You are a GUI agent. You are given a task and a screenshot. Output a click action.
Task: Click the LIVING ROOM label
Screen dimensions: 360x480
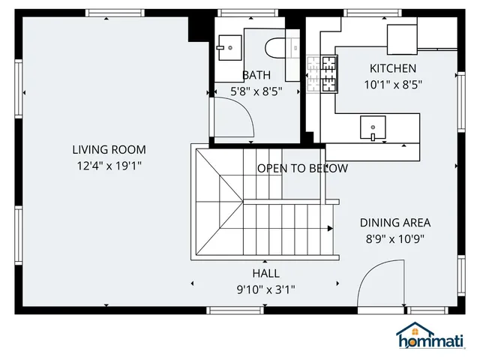click(109, 149)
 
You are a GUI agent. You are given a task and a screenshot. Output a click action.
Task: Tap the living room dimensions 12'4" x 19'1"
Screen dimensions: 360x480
click(109, 165)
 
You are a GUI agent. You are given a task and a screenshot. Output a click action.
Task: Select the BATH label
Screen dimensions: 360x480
click(256, 75)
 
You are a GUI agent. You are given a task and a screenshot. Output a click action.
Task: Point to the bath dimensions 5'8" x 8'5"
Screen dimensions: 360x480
click(256, 91)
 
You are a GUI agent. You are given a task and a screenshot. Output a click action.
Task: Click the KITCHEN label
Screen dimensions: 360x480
click(392, 69)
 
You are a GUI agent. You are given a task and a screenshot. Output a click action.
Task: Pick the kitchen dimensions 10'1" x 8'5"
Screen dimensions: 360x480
click(392, 85)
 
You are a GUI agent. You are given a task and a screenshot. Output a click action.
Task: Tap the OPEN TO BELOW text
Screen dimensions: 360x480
click(302, 168)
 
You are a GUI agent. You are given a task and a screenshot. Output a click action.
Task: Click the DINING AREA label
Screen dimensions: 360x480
click(394, 223)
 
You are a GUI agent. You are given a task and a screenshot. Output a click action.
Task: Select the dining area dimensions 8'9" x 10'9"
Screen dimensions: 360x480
click(394, 238)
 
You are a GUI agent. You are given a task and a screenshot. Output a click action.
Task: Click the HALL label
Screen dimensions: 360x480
click(265, 274)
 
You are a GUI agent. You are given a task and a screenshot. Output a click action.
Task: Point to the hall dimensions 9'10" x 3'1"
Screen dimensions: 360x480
click(265, 289)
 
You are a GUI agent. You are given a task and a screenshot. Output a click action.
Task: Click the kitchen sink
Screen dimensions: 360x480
click(373, 128)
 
